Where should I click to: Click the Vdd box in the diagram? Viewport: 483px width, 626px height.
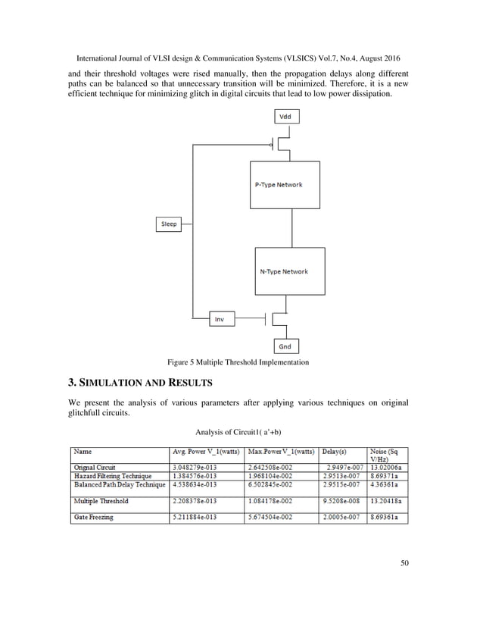[285, 117]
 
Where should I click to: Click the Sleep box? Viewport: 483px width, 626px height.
[169, 224]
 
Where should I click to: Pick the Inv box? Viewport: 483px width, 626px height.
[219, 319]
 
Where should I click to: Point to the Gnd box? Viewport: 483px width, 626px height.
[285, 346]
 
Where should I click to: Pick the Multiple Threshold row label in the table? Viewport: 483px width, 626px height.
[101, 501]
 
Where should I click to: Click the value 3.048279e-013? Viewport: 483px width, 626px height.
[199, 468]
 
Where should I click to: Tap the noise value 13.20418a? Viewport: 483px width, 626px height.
[386, 501]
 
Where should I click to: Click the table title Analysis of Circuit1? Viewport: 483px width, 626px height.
[238, 433]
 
